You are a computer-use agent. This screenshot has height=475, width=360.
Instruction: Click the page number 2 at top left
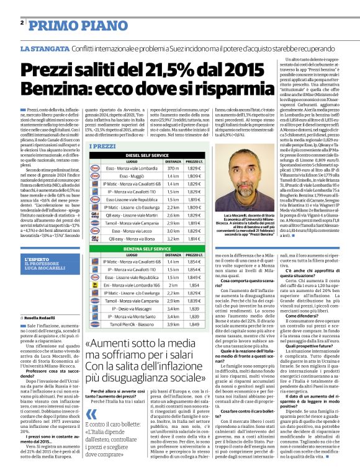click(x=22, y=22)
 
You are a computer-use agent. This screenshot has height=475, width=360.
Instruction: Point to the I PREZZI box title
click(x=104, y=146)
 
